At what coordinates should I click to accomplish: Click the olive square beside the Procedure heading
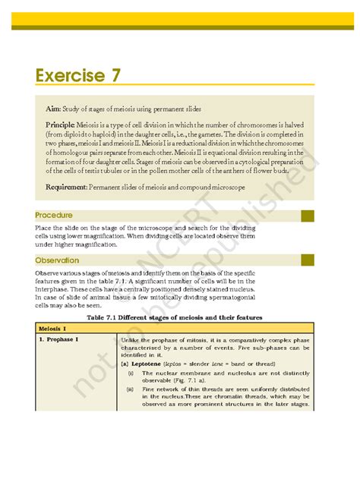307,216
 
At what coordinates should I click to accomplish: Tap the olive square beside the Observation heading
307,260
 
